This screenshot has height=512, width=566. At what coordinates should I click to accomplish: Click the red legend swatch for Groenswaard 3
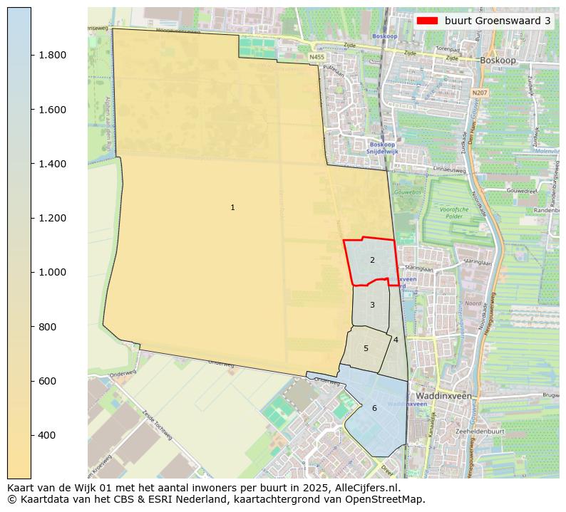(428, 21)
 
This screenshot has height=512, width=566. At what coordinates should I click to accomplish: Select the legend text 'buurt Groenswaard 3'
(497, 21)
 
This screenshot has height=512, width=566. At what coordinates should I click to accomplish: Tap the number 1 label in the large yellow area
(232, 207)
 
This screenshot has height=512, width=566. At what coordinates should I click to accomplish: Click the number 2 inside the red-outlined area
(372, 261)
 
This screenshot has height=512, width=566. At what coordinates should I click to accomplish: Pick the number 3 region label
(372, 305)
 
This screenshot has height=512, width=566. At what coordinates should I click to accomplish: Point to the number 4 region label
(396, 340)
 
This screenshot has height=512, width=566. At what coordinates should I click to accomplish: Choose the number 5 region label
(366, 348)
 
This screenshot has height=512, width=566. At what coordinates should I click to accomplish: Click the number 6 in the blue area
(374, 408)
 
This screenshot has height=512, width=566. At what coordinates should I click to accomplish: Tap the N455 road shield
(317, 56)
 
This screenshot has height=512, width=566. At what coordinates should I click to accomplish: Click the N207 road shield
(479, 93)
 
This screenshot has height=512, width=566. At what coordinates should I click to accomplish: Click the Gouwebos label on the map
(405, 192)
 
